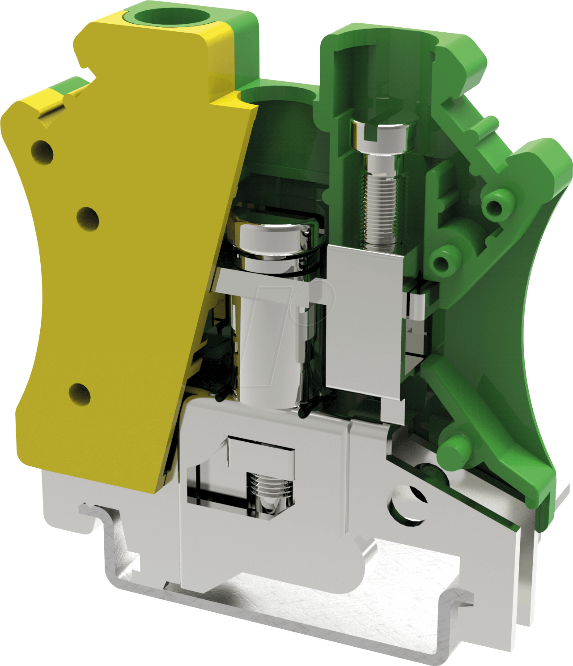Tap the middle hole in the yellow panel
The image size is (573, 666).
(88, 218)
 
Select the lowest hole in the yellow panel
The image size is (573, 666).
(80, 394)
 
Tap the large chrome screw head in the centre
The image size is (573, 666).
(274, 233)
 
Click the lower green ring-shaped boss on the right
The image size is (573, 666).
(441, 262)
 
